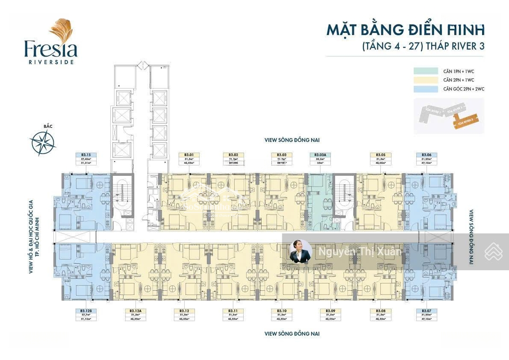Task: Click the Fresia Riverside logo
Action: [51, 41]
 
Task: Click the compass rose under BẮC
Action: [43, 142]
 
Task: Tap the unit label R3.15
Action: [86, 155]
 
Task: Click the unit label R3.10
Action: [282, 311]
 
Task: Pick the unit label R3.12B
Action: [86, 311]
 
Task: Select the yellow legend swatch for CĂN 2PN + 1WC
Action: [426, 80]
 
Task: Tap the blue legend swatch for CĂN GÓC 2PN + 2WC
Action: [426, 89]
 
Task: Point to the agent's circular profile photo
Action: [300, 251]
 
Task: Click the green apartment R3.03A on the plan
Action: [320, 203]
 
